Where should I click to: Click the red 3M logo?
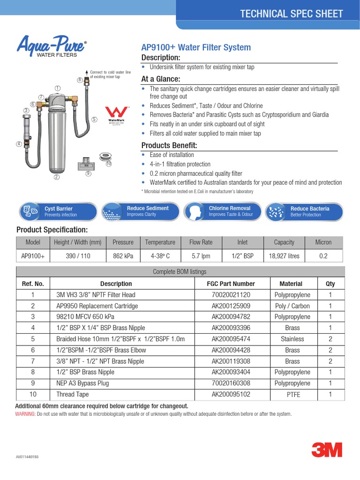tap(327, 450)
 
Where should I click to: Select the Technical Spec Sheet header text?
tap(291, 14)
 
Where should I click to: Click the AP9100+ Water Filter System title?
tap(196, 47)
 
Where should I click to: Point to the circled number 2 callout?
tap(57, 177)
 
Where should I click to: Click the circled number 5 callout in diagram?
tap(94, 120)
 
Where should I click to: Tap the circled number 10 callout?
tap(109, 164)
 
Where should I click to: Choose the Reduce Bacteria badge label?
tap(310, 209)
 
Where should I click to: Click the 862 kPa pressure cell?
tap(123, 256)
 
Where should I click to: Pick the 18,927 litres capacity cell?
tap(284, 256)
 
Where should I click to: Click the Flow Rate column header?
tap(201, 242)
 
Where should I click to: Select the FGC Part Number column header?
tap(231, 284)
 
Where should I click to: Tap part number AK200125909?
tap(231, 306)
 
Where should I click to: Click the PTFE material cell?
tap(292, 395)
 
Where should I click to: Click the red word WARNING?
tap(25, 414)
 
